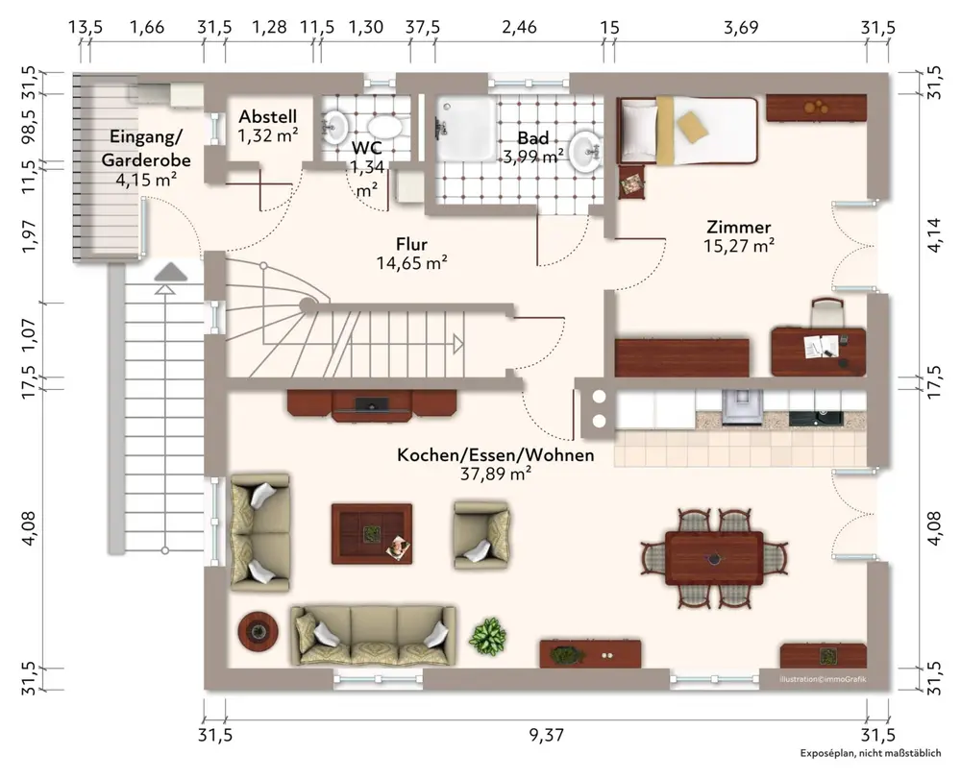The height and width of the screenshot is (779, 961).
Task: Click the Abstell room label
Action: (268, 116)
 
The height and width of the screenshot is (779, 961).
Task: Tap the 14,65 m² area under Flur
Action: (411, 263)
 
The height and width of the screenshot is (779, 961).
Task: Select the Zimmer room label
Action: (738, 228)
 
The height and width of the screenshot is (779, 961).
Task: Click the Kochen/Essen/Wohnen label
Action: (495, 455)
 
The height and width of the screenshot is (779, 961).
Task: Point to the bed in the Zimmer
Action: (688, 131)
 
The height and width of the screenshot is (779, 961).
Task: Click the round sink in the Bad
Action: (586, 151)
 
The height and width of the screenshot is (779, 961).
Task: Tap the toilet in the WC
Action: (385, 128)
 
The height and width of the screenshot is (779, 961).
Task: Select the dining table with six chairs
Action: (715, 558)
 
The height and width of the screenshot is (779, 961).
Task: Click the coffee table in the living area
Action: (372, 534)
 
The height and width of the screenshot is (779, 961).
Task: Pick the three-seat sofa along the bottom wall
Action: (373, 636)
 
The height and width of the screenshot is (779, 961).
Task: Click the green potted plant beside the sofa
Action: (488, 637)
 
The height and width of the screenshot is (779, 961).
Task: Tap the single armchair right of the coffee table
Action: (481, 536)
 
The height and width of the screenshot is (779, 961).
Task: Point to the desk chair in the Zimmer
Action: (828, 312)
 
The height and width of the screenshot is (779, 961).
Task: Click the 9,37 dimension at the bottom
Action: (546, 734)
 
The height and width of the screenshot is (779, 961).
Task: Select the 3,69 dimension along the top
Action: (741, 28)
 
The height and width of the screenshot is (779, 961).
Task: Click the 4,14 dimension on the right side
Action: (934, 234)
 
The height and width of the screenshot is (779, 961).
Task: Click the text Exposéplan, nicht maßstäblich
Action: (871, 753)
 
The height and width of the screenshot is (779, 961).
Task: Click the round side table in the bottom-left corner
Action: (258, 631)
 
